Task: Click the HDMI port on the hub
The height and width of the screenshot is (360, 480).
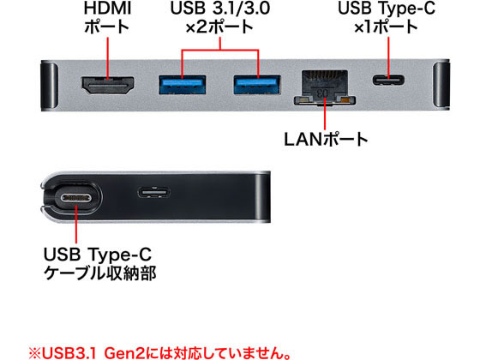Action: pyautogui.click(x=108, y=85)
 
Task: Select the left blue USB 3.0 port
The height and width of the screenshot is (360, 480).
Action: pyautogui.click(x=182, y=85)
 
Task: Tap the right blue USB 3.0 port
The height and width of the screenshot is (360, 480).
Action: pyautogui.click(x=257, y=85)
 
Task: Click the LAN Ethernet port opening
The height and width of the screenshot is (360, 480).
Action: pyautogui.click(x=325, y=87)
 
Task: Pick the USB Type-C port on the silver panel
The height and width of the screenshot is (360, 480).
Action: pyautogui.click(x=388, y=81)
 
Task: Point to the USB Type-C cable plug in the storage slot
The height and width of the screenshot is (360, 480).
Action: pyautogui.click(x=76, y=198)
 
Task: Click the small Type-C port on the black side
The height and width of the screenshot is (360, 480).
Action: pyautogui.click(x=153, y=193)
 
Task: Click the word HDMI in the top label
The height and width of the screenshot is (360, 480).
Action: pyautogui.click(x=107, y=9)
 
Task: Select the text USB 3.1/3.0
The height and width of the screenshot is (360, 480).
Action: pyautogui.click(x=220, y=9)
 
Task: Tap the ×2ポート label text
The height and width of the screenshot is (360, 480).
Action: pyautogui.click(x=219, y=27)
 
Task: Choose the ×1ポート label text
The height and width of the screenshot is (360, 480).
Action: pyautogui.click(x=386, y=27)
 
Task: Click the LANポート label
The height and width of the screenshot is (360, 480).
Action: pyautogui.click(x=326, y=140)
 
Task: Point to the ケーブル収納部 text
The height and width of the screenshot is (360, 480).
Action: pyautogui.click(x=100, y=273)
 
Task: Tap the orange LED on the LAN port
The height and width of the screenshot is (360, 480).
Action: pyautogui.click(x=345, y=99)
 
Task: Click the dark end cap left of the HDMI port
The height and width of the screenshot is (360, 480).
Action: pyautogui.click(x=49, y=86)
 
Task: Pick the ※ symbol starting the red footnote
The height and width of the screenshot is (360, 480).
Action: pyautogui.click(x=35, y=353)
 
